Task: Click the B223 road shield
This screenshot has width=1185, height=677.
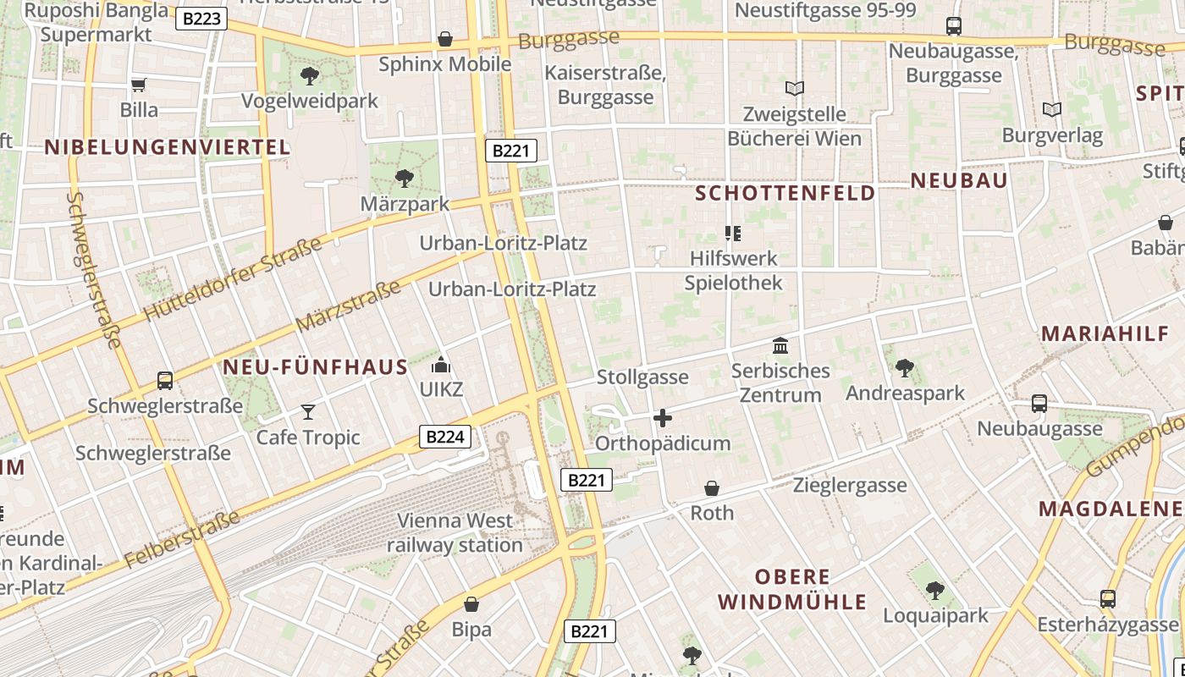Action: pos(201,19)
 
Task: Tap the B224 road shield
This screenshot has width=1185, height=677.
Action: pos(445,437)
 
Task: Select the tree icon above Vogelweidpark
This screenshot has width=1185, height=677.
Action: pos(310,76)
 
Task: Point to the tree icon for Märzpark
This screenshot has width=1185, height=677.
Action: pos(405,179)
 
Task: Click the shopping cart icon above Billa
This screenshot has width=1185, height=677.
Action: pos(139,85)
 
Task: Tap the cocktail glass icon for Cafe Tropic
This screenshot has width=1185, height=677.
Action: pos(308,412)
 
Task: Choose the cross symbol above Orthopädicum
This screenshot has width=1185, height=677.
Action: pos(663,418)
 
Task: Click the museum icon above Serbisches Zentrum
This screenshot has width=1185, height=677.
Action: pos(780,345)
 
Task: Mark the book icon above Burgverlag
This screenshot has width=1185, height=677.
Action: pos(1052,110)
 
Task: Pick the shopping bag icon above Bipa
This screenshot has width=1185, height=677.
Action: pos(471,604)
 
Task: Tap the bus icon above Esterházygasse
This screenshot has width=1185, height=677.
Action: pos(1108,599)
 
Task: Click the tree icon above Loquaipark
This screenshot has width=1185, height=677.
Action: pos(934,590)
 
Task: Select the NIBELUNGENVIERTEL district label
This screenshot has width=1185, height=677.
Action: pos(168,147)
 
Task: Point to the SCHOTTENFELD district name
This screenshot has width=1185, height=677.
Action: pos(785,193)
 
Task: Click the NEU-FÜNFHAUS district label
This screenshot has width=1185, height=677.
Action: pos(315,367)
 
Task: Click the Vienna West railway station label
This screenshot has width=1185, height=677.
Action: pos(455,532)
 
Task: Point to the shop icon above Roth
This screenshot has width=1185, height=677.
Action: pos(712,488)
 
